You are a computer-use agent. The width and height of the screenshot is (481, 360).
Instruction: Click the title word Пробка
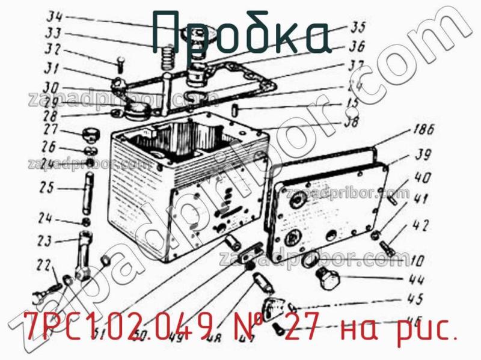240,33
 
